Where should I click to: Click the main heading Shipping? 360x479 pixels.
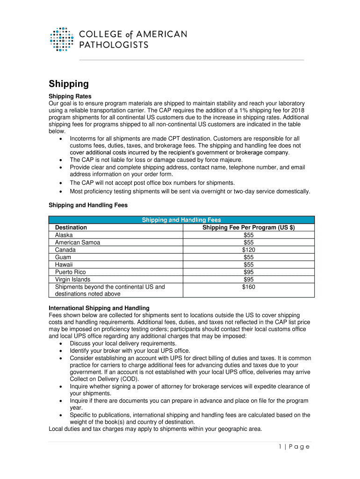pos(69,84)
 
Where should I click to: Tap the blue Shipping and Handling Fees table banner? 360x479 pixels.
pos(181,220)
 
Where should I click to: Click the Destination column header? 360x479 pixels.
pos(71,227)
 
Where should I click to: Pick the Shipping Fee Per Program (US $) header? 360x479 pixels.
pos(248,227)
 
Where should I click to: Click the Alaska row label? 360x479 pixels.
pos(64,235)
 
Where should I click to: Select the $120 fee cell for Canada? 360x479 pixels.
pos(248,250)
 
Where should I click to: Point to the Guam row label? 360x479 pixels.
pos(63,257)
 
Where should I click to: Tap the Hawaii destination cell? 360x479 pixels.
pos(64,265)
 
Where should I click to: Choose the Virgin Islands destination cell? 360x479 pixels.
pos(72,279)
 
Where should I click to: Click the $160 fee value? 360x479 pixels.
pos(248,287)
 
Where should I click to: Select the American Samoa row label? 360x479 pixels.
pos(78,242)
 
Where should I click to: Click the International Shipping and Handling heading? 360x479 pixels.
pos(99,308)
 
